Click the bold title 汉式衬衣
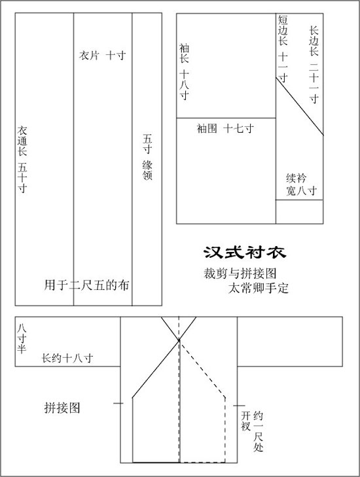point(245,252)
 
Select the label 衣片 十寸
point(102,56)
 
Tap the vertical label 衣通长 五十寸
point(22,159)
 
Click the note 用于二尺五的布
point(87,285)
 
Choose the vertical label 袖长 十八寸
point(184,72)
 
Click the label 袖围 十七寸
point(225,128)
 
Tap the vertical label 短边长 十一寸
point(283,49)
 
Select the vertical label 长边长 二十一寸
point(314,65)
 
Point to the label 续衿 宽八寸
point(301,185)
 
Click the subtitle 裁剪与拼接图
point(240,274)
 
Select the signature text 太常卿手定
point(259,288)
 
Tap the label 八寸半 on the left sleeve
point(22,338)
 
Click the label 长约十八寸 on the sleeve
point(67,358)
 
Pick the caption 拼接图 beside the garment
point(62,408)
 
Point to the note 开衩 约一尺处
point(252,431)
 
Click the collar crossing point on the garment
point(179,340)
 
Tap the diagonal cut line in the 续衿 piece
point(300,106)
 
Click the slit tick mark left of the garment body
point(118,403)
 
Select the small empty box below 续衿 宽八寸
point(299,212)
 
